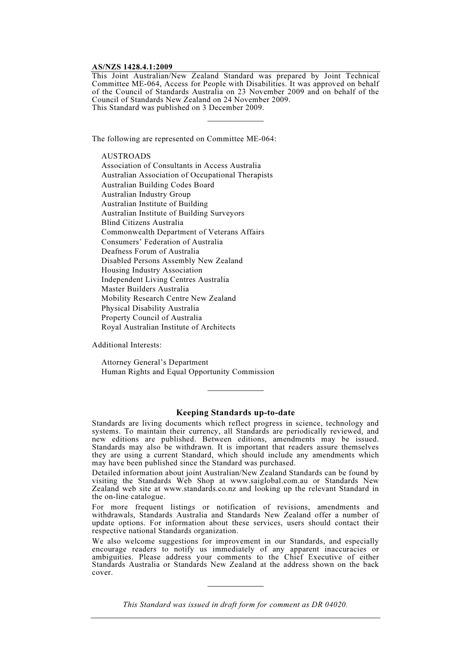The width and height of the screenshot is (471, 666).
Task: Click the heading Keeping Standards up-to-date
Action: click(x=235, y=412)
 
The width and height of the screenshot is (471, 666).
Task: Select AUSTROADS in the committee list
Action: click(x=126, y=156)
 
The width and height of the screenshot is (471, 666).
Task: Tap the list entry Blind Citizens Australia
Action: click(x=142, y=222)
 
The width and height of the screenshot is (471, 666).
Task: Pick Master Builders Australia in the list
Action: click(x=145, y=289)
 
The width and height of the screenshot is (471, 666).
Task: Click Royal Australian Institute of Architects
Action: click(x=168, y=327)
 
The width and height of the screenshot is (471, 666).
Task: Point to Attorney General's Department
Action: click(x=155, y=362)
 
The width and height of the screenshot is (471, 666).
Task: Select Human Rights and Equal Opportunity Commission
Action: click(x=187, y=372)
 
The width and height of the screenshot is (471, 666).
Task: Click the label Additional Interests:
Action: click(x=126, y=344)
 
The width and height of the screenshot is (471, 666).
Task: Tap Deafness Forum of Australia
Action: click(x=150, y=251)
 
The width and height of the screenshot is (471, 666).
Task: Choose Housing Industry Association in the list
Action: click(x=152, y=270)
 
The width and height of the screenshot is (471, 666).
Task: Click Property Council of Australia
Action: click(x=151, y=318)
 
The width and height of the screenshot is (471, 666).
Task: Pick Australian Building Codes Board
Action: click(x=158, y=185)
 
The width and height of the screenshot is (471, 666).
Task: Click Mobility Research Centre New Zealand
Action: click(x=169, y=298)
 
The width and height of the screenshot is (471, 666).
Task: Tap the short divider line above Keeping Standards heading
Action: click(x=235, y=390)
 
